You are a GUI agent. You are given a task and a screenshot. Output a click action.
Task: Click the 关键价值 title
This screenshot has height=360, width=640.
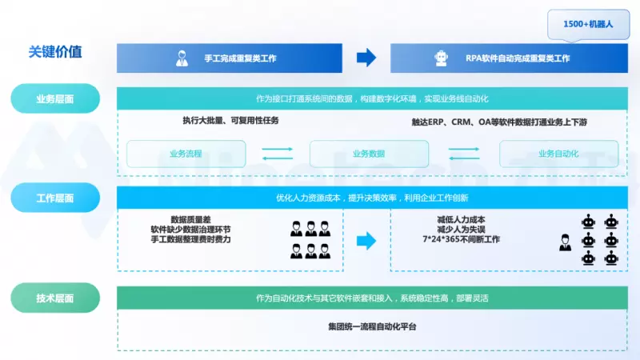pyautogui.click(x=55, y=53)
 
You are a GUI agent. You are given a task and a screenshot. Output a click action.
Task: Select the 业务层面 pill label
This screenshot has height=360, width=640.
pyautogui.click(x=55, y=99)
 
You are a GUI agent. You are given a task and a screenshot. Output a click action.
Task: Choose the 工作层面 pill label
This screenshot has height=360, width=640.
pyautogui.click(x=55, y=197)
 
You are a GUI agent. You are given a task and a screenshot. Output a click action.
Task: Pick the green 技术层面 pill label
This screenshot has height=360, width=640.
pyautogui.click(x=55, y=298)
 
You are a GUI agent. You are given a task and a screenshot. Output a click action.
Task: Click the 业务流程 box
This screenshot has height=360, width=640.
pyautogui.click(x=186, y=154)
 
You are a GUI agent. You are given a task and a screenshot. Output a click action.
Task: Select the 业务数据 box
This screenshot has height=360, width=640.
pyautogui.click(x=369, y=154)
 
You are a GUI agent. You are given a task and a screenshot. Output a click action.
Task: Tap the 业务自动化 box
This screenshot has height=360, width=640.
pyautogui.click(x=558, y=154)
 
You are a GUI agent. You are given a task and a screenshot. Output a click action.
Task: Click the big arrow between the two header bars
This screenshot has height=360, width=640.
pyautogui.click(x=366, y=58)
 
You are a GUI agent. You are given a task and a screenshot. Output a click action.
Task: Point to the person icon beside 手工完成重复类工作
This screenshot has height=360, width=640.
pyautogui.click(x=182, y=58)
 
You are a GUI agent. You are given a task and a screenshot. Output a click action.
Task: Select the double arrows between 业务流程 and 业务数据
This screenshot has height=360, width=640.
pyautogui.click(x=278, y=154)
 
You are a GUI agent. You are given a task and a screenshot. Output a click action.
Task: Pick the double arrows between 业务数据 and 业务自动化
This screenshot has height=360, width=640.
pyautogui.click(x=463, y=154)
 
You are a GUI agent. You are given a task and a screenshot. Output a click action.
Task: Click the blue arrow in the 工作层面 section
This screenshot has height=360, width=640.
pyautogui.click(x=366, y=239)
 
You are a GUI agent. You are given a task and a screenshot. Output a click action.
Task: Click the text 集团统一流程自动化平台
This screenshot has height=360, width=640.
pyautogui.click(x=372, y=326)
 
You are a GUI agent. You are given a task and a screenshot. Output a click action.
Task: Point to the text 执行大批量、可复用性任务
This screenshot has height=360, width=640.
pyautogui.click(x=229, y=121)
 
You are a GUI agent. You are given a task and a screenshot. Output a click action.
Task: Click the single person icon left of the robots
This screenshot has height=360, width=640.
pyautogui.click(x=566, y=241)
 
